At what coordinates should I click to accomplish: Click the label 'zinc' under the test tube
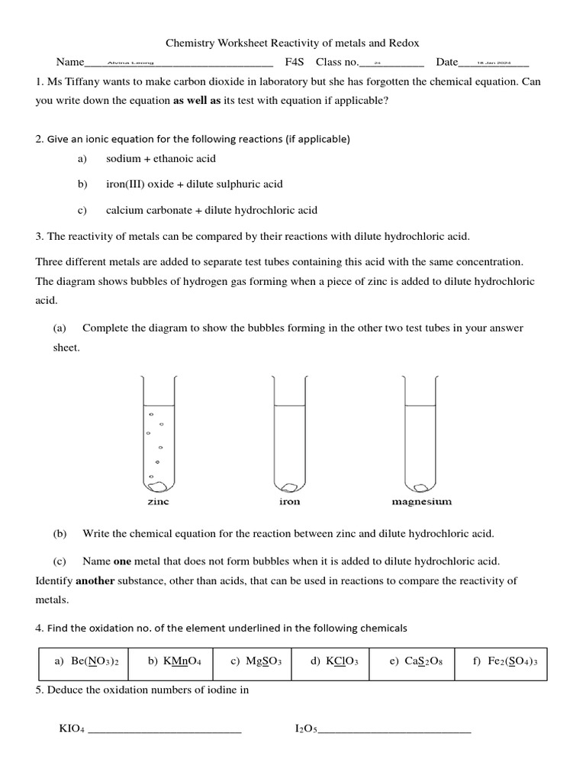(158, 502)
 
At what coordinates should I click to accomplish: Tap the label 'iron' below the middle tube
(290, 502)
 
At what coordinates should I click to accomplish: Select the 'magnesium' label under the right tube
(421, 502)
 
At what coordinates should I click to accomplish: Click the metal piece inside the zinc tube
(158, 485)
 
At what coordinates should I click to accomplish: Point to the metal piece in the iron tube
(290, 485)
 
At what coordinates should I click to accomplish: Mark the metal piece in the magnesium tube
(422, 484)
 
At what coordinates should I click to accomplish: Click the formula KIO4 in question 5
(72, 729)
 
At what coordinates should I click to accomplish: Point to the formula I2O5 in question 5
(305, 729)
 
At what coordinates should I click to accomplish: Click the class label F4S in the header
(295, 62)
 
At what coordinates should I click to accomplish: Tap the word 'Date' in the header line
(447, 62)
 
